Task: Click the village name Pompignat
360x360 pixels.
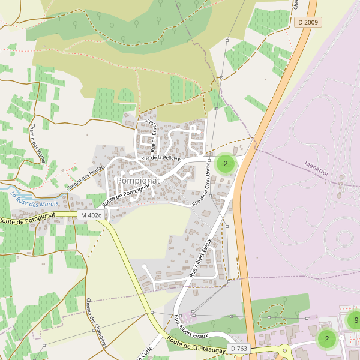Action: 139,180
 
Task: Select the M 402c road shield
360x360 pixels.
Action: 91,215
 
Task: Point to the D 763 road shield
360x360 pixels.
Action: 239,348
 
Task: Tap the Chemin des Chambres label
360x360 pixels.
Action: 96,323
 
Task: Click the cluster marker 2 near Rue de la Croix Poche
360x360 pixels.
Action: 226,163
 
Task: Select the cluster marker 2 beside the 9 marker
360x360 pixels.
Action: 327,339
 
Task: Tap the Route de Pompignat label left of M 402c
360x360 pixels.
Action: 28,218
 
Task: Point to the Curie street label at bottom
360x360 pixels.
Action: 147,352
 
